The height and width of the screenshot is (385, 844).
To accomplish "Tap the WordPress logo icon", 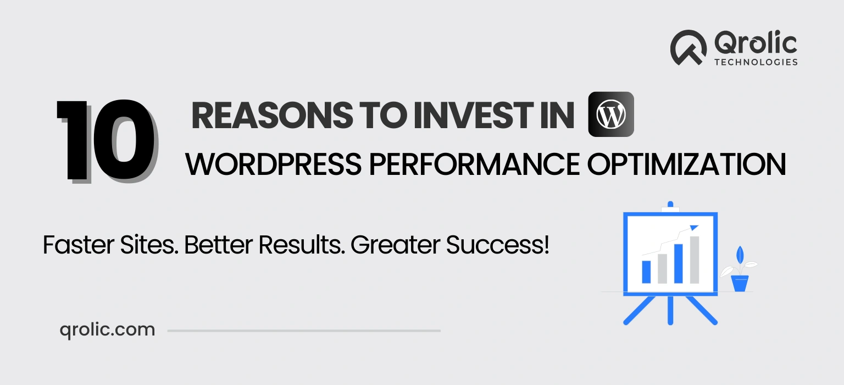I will [611, 114].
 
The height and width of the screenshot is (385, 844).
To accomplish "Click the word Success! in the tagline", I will [497, 245].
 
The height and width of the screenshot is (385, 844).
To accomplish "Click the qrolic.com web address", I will [107, 330].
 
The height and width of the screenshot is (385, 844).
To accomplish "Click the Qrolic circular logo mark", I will [688, 48].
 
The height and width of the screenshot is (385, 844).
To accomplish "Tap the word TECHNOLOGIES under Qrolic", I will [756, 62].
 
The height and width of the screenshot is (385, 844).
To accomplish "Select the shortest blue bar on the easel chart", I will [647, 272].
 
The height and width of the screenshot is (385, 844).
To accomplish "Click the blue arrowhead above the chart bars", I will [693, 227].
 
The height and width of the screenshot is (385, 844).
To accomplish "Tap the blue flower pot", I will [740, 284].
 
